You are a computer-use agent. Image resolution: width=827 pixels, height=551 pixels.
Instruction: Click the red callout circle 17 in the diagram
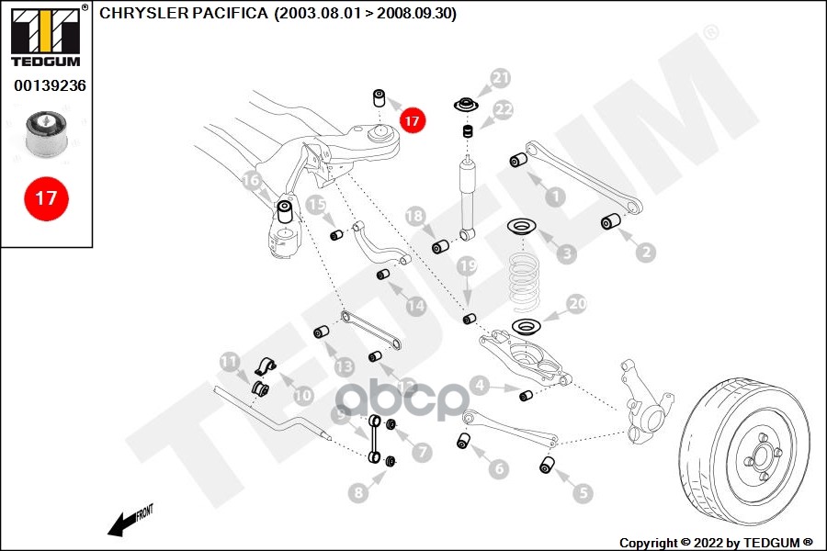(411, 119)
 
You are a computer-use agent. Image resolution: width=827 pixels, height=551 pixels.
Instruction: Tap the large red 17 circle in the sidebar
(46, 197)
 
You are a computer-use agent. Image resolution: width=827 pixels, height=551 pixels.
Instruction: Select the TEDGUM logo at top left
(46, 36)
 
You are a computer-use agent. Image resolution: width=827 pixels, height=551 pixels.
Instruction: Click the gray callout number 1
(555, 196)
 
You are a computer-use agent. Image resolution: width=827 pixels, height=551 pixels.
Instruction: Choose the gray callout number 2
(646, 251)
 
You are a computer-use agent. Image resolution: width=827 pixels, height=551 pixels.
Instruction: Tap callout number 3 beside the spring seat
(568, 253)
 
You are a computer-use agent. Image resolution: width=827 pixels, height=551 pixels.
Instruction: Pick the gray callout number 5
(583, 493)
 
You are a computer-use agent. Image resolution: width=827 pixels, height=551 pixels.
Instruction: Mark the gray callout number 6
(499, 468)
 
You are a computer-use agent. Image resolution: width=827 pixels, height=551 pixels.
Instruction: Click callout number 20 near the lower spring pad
(577, 304)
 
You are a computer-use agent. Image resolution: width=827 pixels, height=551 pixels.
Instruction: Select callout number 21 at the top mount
(500, 79)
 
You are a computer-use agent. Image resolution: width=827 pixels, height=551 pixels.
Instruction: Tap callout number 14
(416, 306)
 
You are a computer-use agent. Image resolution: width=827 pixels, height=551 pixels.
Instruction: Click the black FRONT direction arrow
(121, 523)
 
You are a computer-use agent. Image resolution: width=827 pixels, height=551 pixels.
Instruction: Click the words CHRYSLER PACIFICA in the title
(185, 14)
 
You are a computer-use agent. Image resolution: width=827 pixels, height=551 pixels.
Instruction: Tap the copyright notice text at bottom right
(716, 542)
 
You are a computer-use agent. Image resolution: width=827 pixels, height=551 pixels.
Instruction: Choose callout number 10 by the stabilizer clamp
(302, 396)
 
